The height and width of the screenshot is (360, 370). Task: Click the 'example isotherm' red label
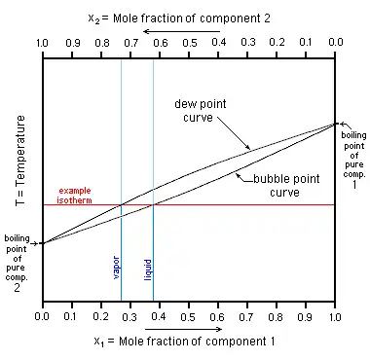pyautogui.click(x=74, y=196)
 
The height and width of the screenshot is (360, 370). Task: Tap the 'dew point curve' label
pyautogui.click(x=200, y=111)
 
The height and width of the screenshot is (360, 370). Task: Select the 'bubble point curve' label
pyautogui.click(x=286, y=186)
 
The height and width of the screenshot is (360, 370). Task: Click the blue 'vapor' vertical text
pyautogui.click(x=116, y=268)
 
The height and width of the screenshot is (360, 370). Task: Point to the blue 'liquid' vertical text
pyautogui.click(x=148, y=270)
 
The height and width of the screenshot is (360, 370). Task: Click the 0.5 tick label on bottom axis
pyautogui.click(x=188, y=317)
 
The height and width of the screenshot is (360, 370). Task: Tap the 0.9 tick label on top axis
pyautogui.click(x=73, y=43)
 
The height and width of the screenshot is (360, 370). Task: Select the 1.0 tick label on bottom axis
pyautogui.click(x=334, y=317)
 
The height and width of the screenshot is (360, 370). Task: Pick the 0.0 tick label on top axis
pyautogui.click(x=335, y=43)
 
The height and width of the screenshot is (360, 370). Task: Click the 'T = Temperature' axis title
pyautogui.click(x=20, y=161)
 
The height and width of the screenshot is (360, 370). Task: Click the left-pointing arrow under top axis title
pyautogui.click(x=181, y=31)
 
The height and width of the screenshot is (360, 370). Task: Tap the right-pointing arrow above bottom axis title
pyautogui.click(x=184, y=329)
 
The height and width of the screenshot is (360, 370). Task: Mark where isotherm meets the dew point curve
pyautogui.click(x=121, y=205)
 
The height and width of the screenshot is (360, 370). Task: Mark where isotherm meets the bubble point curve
pyautogui.click(x=153, y=205)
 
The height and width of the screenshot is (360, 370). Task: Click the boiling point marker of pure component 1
pyautogui.click(x=335, y=124)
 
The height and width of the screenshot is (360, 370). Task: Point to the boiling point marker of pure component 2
pyautogui.click(x=43, y=243)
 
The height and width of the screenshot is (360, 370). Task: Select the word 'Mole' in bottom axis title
pyautogui.click(x=130, y=342)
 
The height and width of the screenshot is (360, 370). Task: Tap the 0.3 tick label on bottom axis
pyautogui.click(x=129, y=317)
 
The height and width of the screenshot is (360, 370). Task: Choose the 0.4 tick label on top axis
pyautogui.click(x=219, y=43)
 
